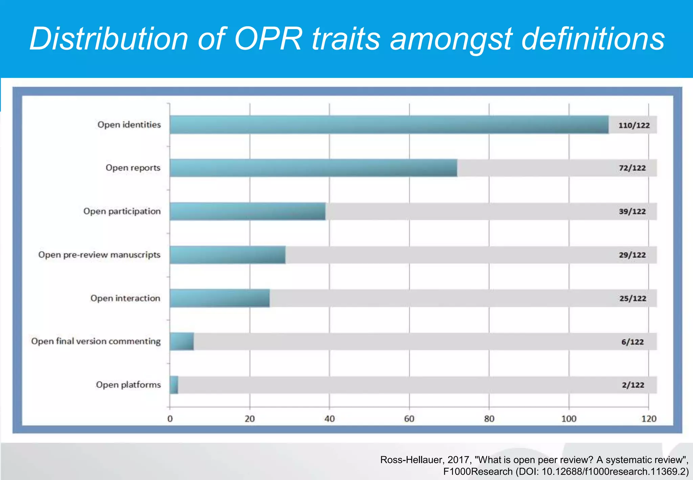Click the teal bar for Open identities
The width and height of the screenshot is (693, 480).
coord(389,125)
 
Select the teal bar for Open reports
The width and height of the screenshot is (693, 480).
coord(313,168)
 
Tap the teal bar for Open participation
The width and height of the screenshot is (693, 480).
coord(248,211)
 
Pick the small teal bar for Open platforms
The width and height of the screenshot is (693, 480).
coord(174,385)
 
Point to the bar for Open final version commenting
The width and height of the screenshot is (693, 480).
coord(182,341)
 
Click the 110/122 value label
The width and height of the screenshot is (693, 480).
coord(634,125)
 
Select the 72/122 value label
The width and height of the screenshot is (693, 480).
coord(632,168)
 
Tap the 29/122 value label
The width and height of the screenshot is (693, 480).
coord(632,255)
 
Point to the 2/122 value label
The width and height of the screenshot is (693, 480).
coord(633,385)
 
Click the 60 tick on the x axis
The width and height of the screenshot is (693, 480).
coord(409,419)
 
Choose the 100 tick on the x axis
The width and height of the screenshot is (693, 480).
coord(568,419)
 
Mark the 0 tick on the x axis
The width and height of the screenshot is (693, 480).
coord(170,419)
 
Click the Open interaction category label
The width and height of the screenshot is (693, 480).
coord(125,298)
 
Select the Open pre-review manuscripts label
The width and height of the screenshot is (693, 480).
coord(99,255)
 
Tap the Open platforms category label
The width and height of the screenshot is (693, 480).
coord(128,385)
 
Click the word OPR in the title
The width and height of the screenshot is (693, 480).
coord(267,39)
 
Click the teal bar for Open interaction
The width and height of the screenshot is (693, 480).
coord(220,298)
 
